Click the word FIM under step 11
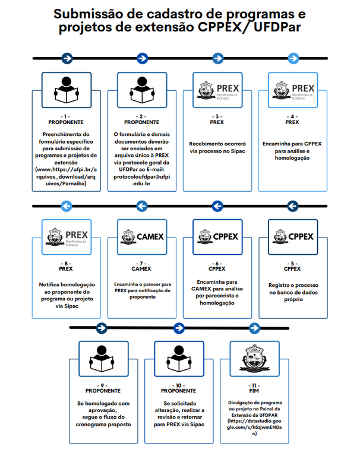click(x=254, y=392)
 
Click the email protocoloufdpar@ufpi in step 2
click(x=142, y=176)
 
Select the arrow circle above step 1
click(x=67, y=58)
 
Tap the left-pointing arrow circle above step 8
click(x=67, y=205)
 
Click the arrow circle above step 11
click(x=254, y=328)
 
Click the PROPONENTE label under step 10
click(x=179, y=391)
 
